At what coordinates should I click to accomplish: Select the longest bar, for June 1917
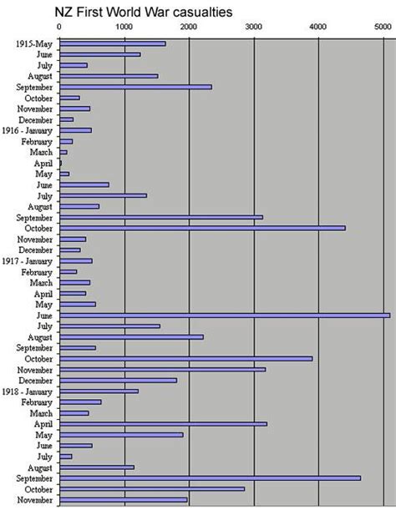(x=224, y=315)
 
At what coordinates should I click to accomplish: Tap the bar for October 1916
(x=201, y=228)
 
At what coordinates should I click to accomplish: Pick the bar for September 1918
(x=210, y=477)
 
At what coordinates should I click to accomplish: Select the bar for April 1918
(x=163, y=423)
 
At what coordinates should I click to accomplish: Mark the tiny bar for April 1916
(x=60, y=163)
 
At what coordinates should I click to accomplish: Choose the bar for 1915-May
(x=112, y=43)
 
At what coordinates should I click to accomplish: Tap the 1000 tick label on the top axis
(x=124, y=28)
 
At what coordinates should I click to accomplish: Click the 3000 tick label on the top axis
(x=253, y=28)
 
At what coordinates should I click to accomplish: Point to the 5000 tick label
(x=383, y=28)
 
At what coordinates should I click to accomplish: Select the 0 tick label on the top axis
(x=59, y=28)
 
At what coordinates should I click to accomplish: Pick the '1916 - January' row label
(x=30, y=130)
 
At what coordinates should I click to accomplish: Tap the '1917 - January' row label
(x=30, y=260)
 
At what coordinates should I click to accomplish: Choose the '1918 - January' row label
(x=30, y=391)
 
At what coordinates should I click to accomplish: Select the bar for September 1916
(x=160, y=217)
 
